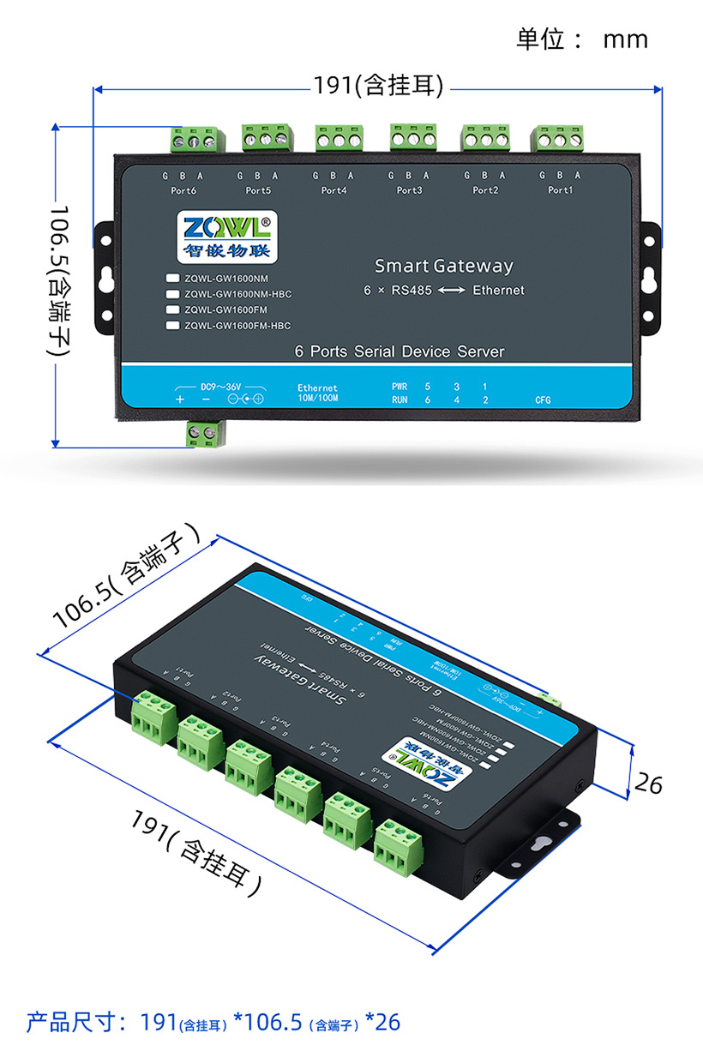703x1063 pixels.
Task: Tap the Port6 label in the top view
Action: (184, 190)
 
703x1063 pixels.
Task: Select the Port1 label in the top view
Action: (560, 190)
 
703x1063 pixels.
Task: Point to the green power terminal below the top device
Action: (206, 433)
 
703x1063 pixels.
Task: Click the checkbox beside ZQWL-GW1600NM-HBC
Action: (172, 294)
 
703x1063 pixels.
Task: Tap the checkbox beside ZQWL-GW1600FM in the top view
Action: (172, 309)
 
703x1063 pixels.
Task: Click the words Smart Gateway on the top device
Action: (443, 266)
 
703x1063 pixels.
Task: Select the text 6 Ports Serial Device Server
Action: (399, 351)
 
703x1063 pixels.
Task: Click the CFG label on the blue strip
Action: (543, 399)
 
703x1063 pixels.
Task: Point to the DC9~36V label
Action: (221, 386)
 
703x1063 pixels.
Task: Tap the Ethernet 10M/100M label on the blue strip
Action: (317, 393)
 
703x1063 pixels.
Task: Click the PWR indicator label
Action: (400, 387)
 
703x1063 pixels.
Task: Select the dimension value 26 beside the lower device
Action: (650, 783)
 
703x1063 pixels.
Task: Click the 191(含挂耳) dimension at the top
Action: (378, 86)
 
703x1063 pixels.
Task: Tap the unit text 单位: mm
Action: (581, 39)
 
